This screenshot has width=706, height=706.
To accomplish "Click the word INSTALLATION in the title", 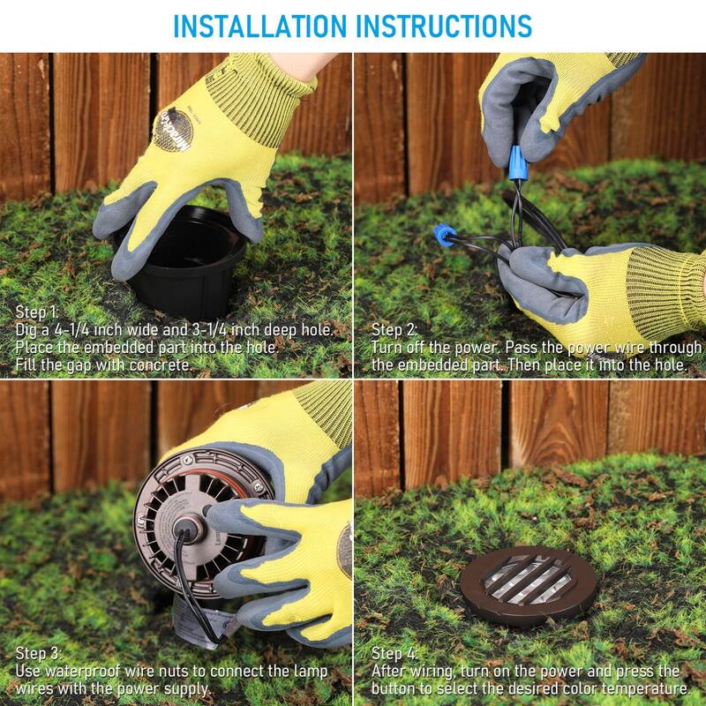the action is tap(259, 26).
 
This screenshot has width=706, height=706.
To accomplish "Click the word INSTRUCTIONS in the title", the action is tap(445, 26).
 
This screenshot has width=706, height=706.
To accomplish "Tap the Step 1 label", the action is tap(37, 312).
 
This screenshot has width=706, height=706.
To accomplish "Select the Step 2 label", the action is tap(394, 329).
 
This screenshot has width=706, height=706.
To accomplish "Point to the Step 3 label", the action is tap(38, 653).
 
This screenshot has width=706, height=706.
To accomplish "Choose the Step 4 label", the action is tap(394, 653).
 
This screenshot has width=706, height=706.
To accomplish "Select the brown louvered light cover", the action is tap(528, 586).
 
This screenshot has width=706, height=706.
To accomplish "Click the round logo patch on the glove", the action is tap(173, 129).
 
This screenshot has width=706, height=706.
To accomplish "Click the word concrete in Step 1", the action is tap(160, 364).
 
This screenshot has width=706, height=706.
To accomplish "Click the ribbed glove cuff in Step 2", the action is tap(665, 295).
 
